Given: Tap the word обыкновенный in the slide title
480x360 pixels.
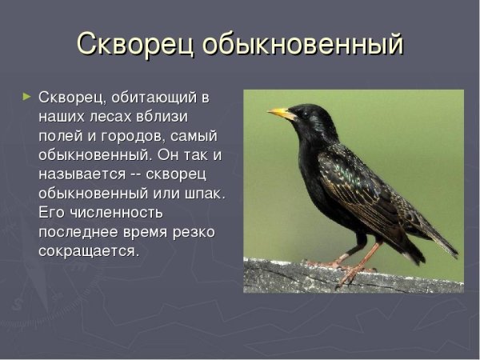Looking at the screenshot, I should pyautogui.click(x=302, y=44).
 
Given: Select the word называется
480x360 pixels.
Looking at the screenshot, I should pyautogui.click(x=80, y=174).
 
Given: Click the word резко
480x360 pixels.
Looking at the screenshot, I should pyautogui.click(x=193, y=231).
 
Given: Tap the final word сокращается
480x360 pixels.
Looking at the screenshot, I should pyautogui.click(x=88, y=250).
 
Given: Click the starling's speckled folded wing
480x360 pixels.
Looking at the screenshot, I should pyautogui.click(x=360, y=180).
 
